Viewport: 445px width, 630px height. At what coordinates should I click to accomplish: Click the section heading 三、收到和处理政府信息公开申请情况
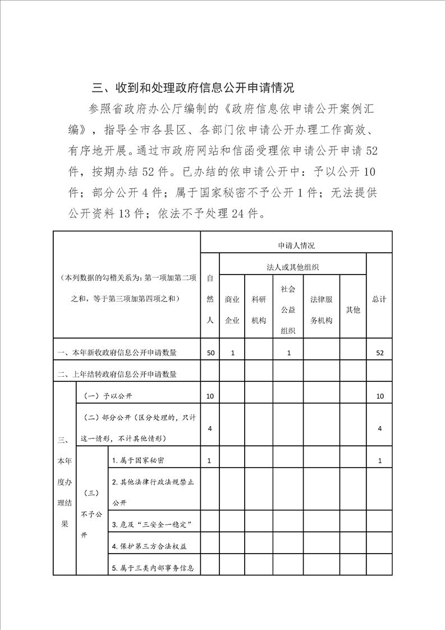pyautogui.click(x=193, y=88)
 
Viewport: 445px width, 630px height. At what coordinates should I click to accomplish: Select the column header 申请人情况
pyautogui.click(x=296, y=245)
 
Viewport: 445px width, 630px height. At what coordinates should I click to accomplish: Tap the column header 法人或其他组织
pyautogui.click(x=293, y=267)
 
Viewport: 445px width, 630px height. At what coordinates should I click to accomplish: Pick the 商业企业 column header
pyautogui.click(x=232, y=310)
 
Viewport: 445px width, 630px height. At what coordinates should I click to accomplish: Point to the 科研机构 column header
pyautogui.click(x=259, y=310)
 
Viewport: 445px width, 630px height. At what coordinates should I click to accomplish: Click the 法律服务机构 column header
pyautogui.click(x=322, y=310)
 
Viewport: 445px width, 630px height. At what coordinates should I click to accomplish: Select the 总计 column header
pyautogui.click(x=379, y=299)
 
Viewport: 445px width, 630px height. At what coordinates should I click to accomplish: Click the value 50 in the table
pyautogui.click(x=210, y=353)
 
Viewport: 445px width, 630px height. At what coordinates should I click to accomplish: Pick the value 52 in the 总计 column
pyautogui.click(x=380, y=353)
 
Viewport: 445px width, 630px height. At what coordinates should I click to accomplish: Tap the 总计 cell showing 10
pyautogui.click(x=380, y=396)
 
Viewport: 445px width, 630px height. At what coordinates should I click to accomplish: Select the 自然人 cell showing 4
pyautogui.click(x=210, y=428)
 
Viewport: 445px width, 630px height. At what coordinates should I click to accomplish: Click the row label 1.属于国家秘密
pyautogui.click(x=138, y=460)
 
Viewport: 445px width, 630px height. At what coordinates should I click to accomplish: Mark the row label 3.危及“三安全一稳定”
pyautogui.click(x=153, y=525)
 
